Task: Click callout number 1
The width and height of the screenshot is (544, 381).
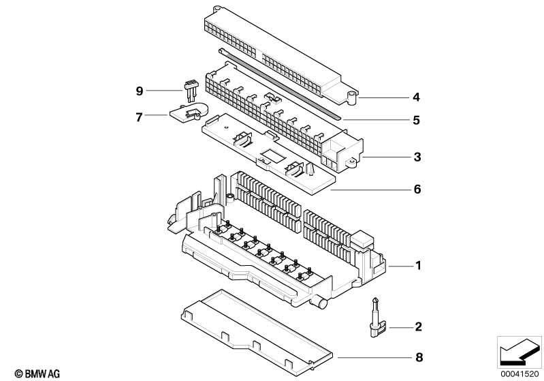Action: point(419,266)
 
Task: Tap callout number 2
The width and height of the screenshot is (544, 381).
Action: point(419,326)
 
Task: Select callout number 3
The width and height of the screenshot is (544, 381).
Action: point(417,157)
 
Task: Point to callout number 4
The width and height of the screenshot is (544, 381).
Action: point(416,97)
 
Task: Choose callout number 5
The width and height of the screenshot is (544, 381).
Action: point(416,120)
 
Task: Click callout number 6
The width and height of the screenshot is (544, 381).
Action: point(417,189)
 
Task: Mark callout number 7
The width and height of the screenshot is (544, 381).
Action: point(139,117)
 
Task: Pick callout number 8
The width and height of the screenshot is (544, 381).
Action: point(419,357)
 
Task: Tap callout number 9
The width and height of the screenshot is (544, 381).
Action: point(139,91)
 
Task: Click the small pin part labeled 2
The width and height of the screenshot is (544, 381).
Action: point(374,318)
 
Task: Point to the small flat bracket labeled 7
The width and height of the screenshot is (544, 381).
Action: point(188,112)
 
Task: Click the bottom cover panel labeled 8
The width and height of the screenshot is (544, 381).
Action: point(257,333)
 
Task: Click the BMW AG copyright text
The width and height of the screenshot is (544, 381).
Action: point(37,374)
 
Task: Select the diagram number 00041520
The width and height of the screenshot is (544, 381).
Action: point(519,374)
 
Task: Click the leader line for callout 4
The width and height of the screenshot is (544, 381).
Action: point(384,98)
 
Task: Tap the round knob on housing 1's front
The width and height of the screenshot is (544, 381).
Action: point(321,303)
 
